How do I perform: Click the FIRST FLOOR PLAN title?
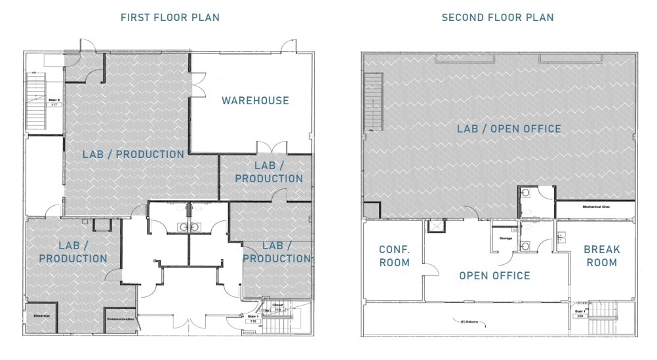coord(170,18)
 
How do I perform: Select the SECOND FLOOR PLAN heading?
coord(498,18)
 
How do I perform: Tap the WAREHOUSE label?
coord(255,100)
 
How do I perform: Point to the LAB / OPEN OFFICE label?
coord(509,129)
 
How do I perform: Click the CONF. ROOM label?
coord(394,256)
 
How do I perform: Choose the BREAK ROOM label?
coord(601,256)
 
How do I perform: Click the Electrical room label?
coord(41,315)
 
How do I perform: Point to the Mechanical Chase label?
coord(597,207)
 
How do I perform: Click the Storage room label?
coord(506,239)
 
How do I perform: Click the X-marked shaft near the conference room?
coord(434,226)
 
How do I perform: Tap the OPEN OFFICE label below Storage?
coord(494,275)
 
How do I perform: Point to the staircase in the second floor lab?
coord(374,102)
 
